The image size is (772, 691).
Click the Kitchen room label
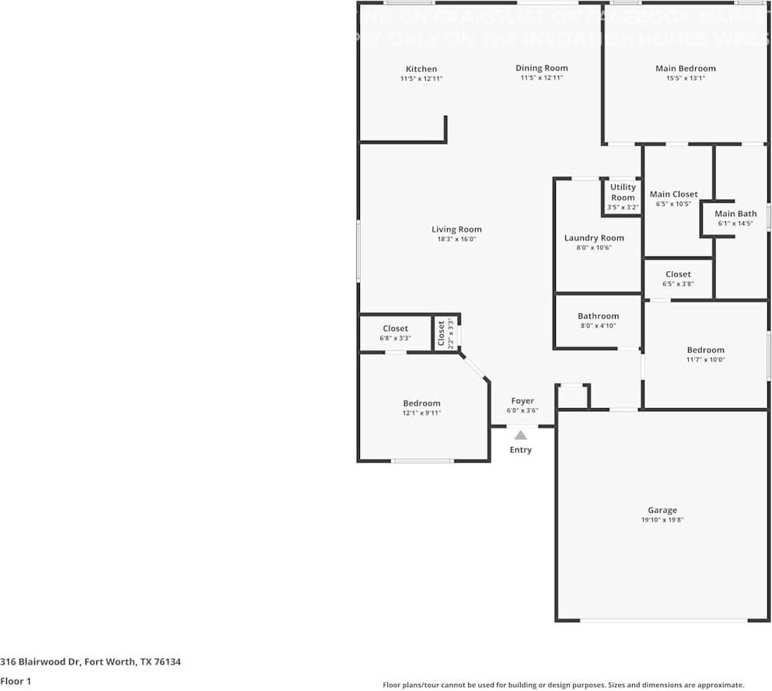point(421,69)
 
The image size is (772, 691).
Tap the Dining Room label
point(541,68)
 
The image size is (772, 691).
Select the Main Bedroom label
point(685,68)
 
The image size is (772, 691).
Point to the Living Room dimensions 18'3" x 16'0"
point(456,239)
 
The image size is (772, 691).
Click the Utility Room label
point(623,192)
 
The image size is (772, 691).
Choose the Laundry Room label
point(594,238)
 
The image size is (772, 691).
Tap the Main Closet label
point(673,194)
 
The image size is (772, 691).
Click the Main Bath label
point(735,214)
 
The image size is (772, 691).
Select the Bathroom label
point(598,316)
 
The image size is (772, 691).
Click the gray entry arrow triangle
point(521,435)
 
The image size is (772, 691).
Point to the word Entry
point(521,450)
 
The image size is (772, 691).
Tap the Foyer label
point(522,401)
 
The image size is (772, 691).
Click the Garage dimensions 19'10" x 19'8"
point(662,520)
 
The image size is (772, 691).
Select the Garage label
point(662,511)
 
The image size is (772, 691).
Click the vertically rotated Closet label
point(441,333)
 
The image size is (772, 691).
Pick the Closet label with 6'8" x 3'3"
point(395,329)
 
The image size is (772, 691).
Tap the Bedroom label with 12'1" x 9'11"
point(421,403)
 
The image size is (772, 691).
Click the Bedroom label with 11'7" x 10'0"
point(705,350)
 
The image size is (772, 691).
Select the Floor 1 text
point(16,682)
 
